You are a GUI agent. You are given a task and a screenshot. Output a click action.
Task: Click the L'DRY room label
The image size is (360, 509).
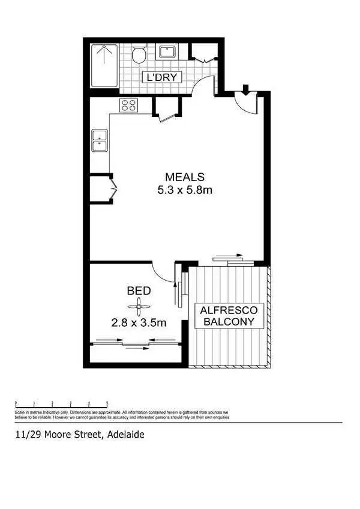pos(161,77)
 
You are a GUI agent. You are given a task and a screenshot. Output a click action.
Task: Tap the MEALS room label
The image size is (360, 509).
pos(185,177)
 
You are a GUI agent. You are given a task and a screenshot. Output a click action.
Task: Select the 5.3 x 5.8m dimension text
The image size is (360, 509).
pos(185,191)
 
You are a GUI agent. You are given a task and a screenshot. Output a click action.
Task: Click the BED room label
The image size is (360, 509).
pos(138,291)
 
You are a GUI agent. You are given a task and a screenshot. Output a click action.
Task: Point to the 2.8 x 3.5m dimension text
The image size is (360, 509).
pos(139,323)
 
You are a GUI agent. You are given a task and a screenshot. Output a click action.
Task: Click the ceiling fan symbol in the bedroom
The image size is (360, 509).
pos(139,308)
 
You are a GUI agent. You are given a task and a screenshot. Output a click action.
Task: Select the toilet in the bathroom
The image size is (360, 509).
pos(139,55)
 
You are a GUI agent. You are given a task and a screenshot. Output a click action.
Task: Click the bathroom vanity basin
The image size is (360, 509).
pos(166,52)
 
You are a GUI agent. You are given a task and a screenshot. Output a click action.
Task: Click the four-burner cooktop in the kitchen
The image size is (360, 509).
pos(128,106)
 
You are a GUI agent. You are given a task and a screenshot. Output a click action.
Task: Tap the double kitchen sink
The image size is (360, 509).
pos(99,141)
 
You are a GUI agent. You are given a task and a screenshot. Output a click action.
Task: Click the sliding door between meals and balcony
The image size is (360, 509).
pos(229,258)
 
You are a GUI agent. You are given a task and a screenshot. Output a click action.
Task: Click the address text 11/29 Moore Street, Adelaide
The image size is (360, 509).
pos(79,435)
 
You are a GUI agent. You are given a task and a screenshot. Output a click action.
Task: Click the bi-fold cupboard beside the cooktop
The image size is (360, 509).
pos(165,111)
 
